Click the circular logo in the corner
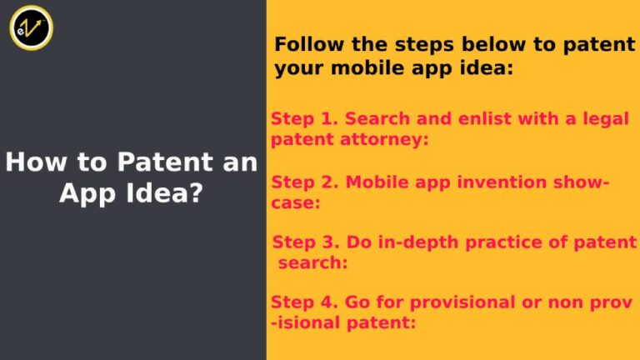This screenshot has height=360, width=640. point(31,27)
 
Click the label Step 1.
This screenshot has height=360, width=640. point(294,119)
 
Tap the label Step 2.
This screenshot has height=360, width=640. point(295,182)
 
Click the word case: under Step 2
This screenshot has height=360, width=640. point(296,202)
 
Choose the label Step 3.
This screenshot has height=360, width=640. point(297,242)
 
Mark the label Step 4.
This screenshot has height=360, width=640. point(295,302)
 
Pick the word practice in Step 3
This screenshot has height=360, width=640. point(515,242)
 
